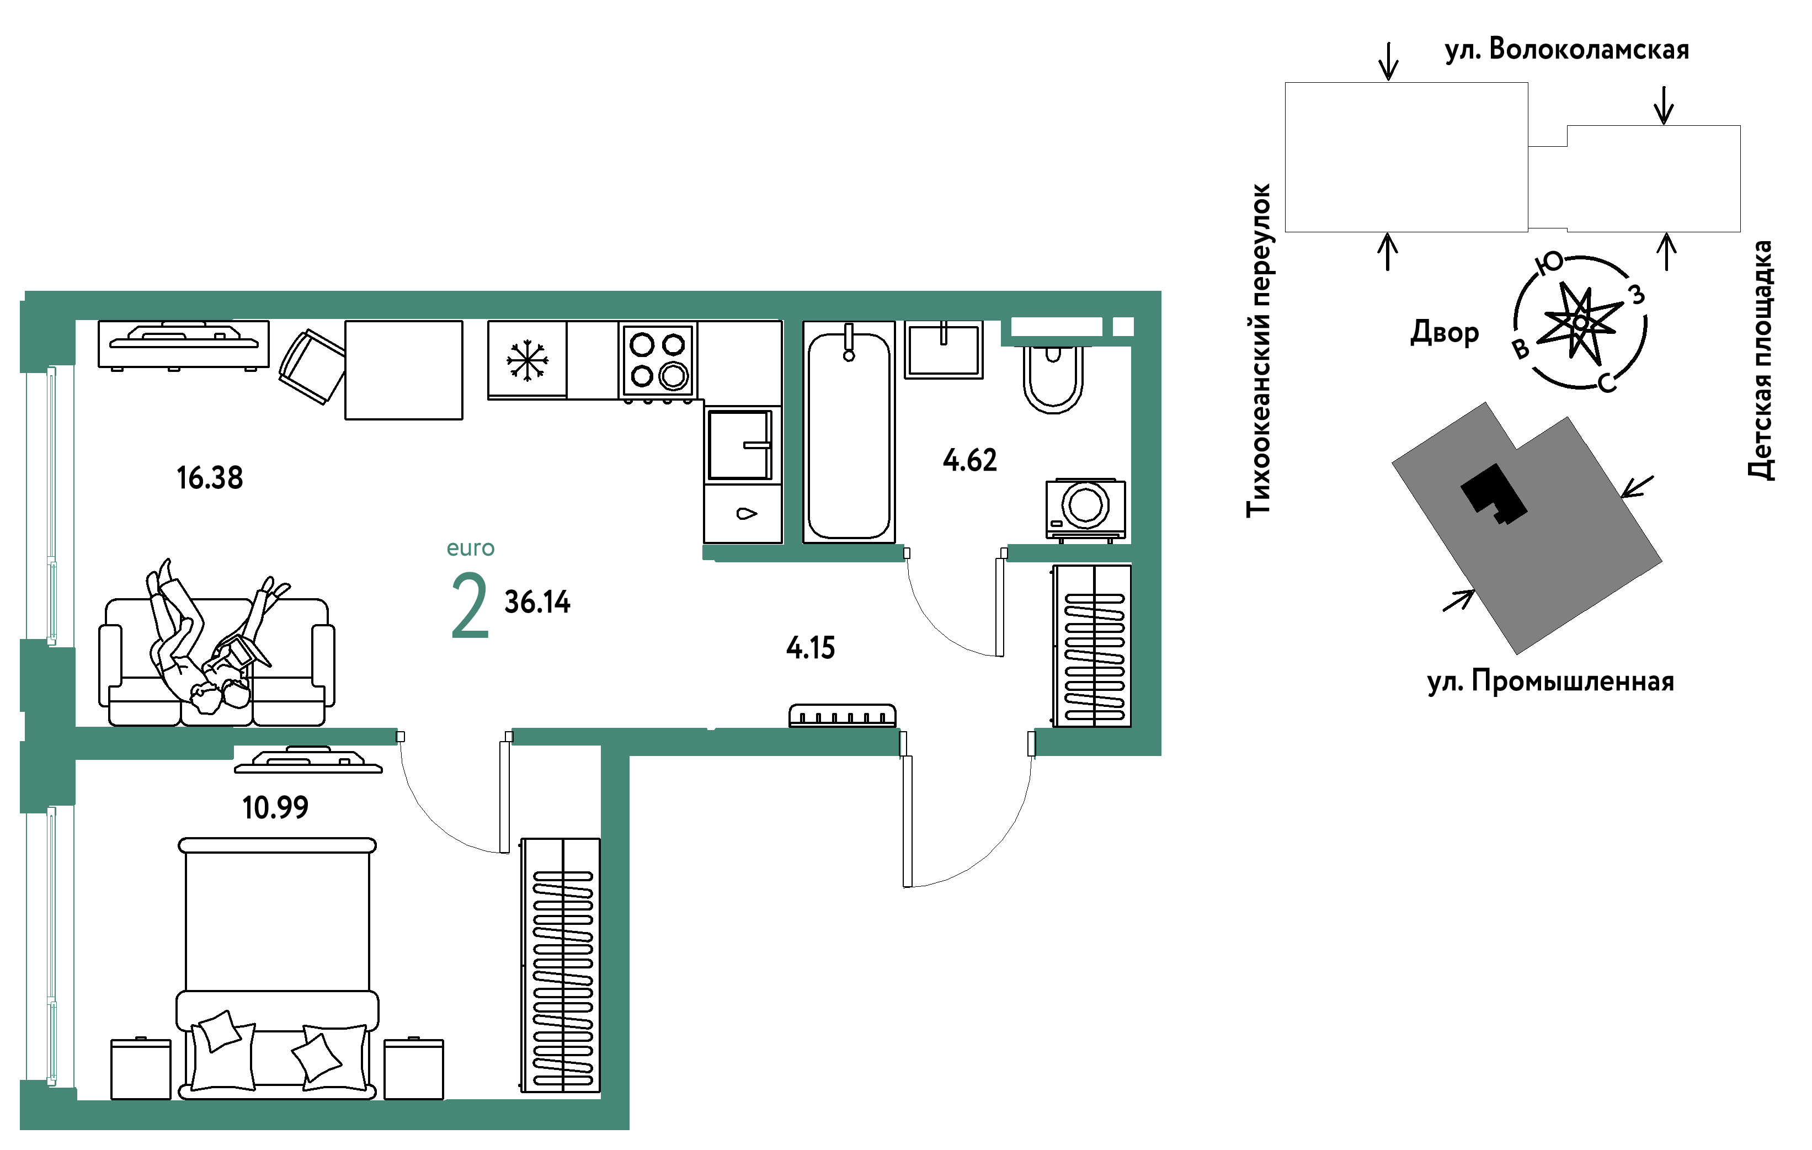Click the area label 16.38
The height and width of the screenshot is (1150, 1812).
[x=210, y=478]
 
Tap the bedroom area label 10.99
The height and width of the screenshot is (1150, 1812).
[x=275, y=807]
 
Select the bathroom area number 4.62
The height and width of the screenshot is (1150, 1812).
[x=970, y=460]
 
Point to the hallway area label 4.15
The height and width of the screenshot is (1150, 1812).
[x=811, y=647]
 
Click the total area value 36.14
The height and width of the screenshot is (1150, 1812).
[x=537, y=602]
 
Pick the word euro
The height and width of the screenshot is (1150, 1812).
[x=470, y=548]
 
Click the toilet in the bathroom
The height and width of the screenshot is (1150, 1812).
[x=1053, y=379]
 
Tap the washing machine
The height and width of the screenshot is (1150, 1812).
[x=1086, y=509]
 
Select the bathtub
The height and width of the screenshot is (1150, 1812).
[x=849, y=432]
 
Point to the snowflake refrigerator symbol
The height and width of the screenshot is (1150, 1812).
[x=527, y=360]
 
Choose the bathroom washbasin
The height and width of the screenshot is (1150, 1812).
[x=944, y=350]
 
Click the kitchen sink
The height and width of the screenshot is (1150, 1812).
[x=740, y=445]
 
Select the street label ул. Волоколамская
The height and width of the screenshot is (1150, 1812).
[x=1566, y=50]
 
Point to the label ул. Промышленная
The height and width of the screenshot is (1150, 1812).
[x=1551, y=681]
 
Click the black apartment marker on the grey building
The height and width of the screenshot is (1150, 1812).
[x=1494, y=494]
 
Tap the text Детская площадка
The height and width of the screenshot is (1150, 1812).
[x=1760, y=360]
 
